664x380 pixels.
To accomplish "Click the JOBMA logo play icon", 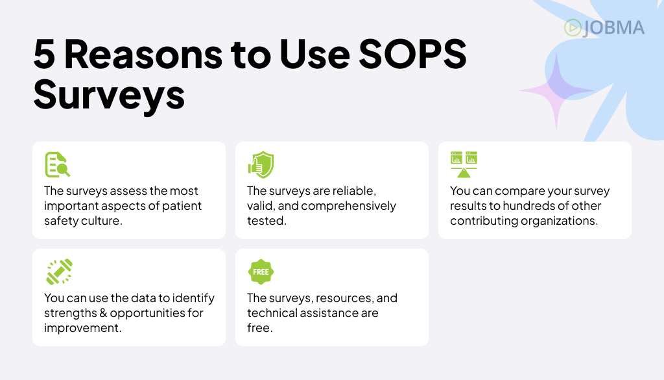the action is (x=573, y=27).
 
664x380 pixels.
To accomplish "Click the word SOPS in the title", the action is (x=412, y=55).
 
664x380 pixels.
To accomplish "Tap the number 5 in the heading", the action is (x=44, y=55).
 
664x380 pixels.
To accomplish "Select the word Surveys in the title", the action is (x=109, y=95).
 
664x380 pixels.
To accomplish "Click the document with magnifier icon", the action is (x=57, y=164).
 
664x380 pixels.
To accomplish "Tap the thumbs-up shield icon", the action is (x=261, y=164).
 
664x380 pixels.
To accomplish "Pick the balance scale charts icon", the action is (x=464, y=164).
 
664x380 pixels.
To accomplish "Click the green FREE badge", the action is (x=261, y=272).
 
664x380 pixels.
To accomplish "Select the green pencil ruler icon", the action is (x=59, y=272).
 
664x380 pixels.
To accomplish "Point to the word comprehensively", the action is (x=348, y=206).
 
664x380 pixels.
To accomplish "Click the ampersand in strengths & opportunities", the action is (x=103, y=313).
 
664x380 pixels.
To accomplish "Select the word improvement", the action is (x=82, y=328).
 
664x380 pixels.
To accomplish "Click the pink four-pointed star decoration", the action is (x=556, y=90).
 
